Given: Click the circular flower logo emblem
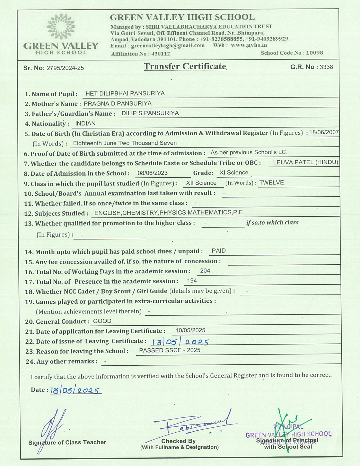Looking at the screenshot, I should [x=61, y=27].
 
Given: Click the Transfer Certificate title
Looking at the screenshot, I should [x=186, y=66].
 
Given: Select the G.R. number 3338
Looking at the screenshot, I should [x=326, y=67].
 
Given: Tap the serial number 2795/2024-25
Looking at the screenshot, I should [x=65, y=68].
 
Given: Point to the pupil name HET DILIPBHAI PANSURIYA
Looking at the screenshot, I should [x=125, y=93].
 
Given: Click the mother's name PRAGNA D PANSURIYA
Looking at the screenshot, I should [x=118, y=104].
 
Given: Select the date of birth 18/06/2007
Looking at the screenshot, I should [x=324, y=132].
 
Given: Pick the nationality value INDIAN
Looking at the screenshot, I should [x=85, y=124].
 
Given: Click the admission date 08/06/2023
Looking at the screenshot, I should [x=152, y=173].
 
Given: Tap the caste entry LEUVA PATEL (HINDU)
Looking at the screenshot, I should [x=306, y=162].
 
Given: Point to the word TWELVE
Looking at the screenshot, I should [x=272, y=183].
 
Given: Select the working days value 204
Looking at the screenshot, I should [x=205, y=271].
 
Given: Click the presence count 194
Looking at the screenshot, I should [x=192, y=281].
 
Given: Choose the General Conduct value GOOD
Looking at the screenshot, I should [x=102, y=321].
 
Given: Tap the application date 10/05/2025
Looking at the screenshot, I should [x=190, y=330].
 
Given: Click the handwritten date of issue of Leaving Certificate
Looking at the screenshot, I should [x=180, y=342].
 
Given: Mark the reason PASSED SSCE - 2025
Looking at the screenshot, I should [x=170, y=350].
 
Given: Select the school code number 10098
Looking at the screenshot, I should [x=315, y=53].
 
